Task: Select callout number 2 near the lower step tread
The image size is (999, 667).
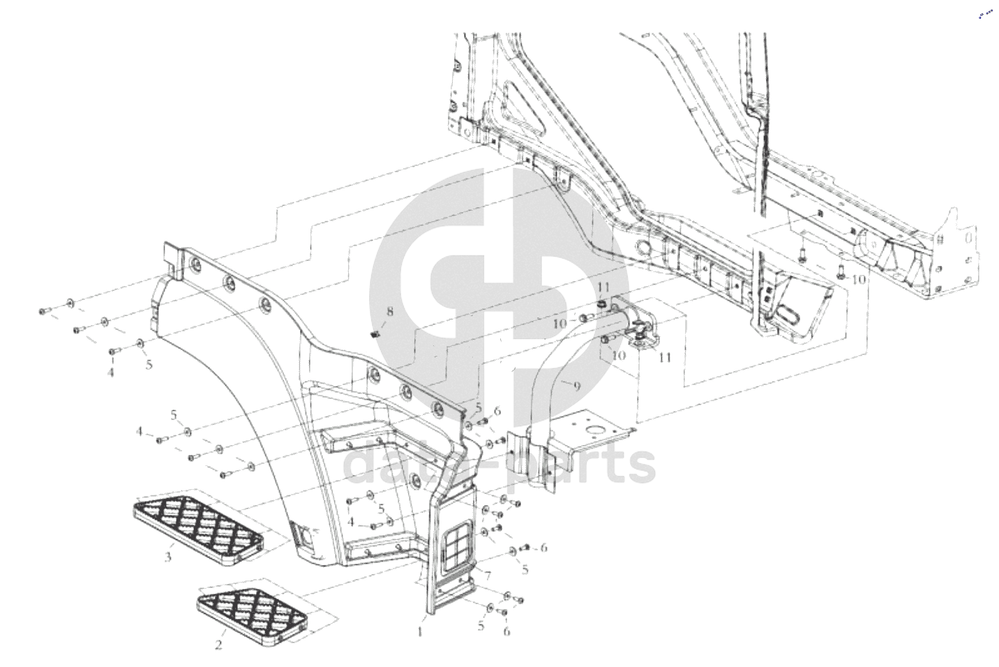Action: [x=218, y=645]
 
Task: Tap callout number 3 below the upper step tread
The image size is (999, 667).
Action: [x=168, y=557]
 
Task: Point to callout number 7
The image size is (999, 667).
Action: [x=487, y=575]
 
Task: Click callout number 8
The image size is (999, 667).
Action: [x=389, y=312]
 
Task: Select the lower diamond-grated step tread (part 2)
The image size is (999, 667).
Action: [x=252, y=615]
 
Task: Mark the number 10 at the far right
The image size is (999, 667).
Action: [x=857, y=279]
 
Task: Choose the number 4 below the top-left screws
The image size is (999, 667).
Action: [x=110, y=373]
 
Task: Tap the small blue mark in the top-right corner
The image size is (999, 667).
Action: [x=984, y=14]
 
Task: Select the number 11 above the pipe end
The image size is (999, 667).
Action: [x=603, y=287]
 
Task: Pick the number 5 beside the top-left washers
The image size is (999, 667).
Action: [x=148, y=364]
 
